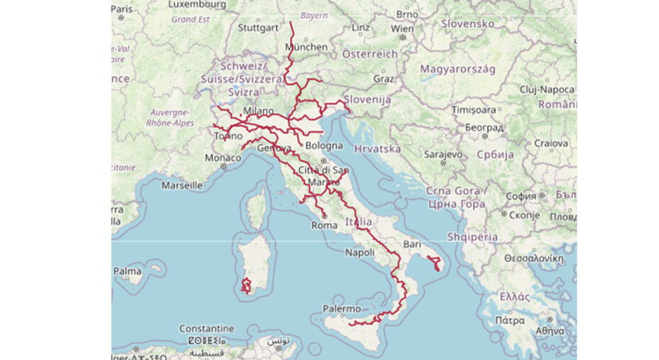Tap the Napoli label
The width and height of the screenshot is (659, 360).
359,253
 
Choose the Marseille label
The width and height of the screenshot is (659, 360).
182,185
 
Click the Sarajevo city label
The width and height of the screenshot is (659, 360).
443,153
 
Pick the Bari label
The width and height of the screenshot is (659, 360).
412,244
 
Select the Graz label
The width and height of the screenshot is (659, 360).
383,79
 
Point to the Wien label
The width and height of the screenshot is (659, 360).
402,29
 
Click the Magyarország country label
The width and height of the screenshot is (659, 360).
457,69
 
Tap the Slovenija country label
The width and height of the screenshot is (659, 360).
367,100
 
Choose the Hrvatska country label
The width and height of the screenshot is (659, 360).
377,149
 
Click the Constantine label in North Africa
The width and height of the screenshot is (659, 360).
207,329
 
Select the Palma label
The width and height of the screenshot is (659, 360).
127,271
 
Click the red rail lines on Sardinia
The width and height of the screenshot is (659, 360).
246,287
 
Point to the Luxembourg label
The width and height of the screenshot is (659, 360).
197,5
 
